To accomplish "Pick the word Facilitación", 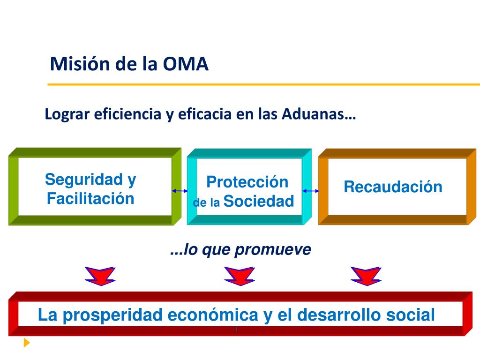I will tap(90, 198).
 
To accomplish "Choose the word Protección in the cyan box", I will tap(247, 181).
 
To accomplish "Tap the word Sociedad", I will tap(259, 201).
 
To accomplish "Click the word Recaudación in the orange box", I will tap(393, 187).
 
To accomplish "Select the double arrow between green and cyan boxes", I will tap(180, 191).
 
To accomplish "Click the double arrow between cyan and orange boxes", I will tap(311, 191).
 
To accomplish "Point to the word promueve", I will tap(273, 250).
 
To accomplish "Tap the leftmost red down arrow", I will tap(100, 276).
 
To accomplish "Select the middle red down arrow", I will tap(239, 276).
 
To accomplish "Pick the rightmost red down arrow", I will tap(366, 276).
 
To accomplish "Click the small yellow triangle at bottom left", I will tap(27, 343).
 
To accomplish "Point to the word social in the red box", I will tap(411, 315).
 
